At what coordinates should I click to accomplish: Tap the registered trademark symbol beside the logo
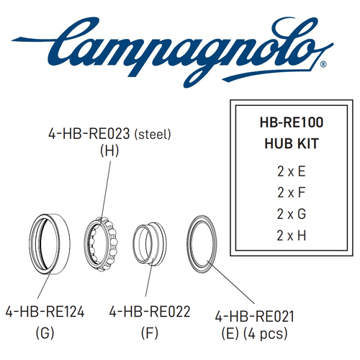click(x=323, y=64)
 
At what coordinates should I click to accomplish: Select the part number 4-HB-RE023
click(x=89, y=134)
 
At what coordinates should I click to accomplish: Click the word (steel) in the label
click(x=153, y=134)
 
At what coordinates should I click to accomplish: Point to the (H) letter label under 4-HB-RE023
click(x=109, y=151)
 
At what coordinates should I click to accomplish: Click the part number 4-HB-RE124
click(x=45, y=312)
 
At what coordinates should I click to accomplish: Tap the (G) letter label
click(x=45, y=333)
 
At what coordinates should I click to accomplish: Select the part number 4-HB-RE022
click(x=150, y=312)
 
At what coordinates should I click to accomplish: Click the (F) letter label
click(x=150, y=333)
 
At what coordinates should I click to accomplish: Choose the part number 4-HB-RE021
click(x=254, y=317)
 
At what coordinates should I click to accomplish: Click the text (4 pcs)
click(x=266, y=333)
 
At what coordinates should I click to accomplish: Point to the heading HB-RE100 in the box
click(x=292, y=122)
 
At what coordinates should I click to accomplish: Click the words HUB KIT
click(x=292, y=143)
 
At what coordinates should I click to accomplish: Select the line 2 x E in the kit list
click(x=292, y=171)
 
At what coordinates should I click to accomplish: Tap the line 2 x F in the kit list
click(x=292, y=193)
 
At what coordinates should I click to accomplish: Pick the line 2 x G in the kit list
click(x=292, y=214)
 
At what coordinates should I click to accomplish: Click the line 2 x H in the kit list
click(x=292, y=235)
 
